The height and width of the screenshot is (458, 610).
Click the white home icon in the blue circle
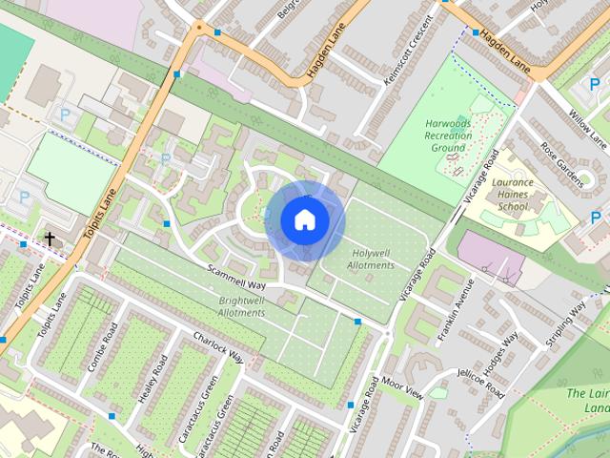coord(304,220)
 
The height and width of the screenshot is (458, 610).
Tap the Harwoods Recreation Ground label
coord(449,135)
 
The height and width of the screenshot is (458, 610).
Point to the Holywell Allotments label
coord(371,259)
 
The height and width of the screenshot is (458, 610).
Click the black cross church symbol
coord(50,238)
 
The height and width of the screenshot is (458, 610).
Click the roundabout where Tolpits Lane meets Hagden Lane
coord(199,28)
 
